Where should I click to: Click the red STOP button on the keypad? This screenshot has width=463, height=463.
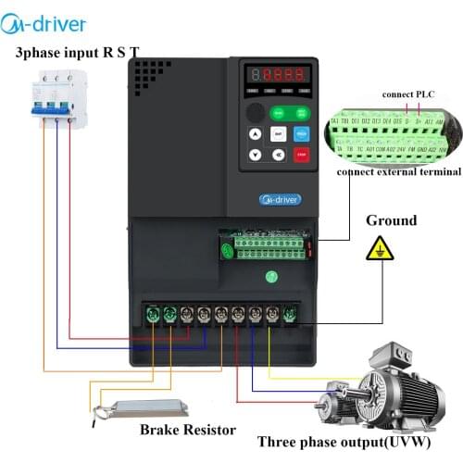[301, 155]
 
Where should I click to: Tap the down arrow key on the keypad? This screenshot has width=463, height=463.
[255, 155]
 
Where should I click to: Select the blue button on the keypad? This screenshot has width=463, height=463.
[301, 133]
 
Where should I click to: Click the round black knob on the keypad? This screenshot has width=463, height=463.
[255, 111]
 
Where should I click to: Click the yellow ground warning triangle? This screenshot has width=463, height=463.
[379, 249]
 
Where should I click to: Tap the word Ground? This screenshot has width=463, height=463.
[392, 220]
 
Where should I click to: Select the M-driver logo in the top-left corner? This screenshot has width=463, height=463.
[58, 20]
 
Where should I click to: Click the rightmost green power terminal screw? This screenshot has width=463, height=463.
[289, 314]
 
